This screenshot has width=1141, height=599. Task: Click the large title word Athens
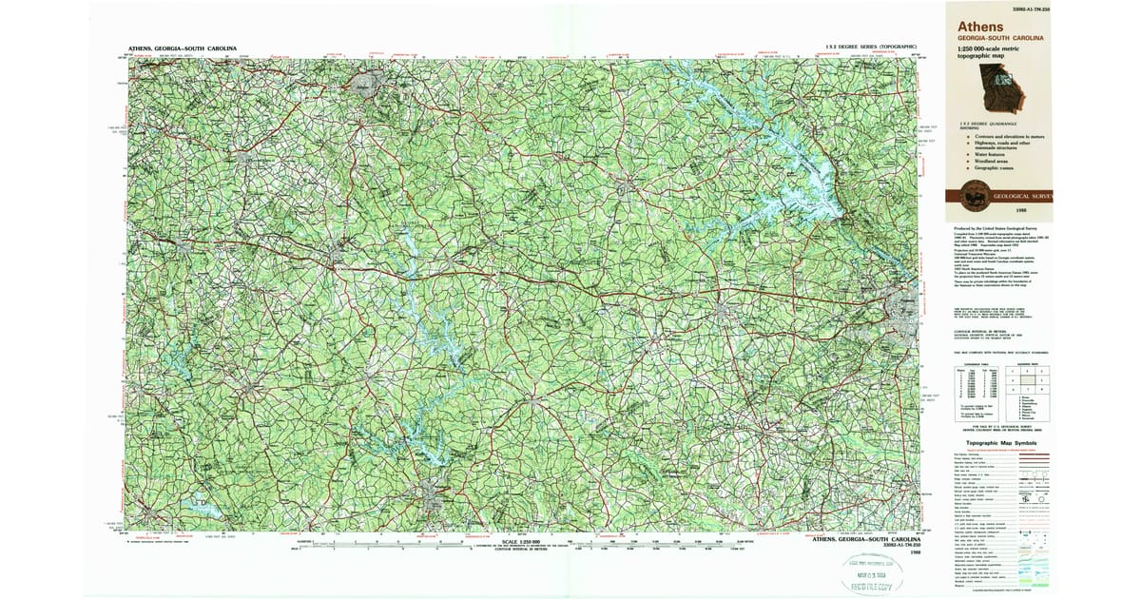pos(979,26)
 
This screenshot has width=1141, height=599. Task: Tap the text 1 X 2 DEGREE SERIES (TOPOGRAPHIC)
pos(871,47)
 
